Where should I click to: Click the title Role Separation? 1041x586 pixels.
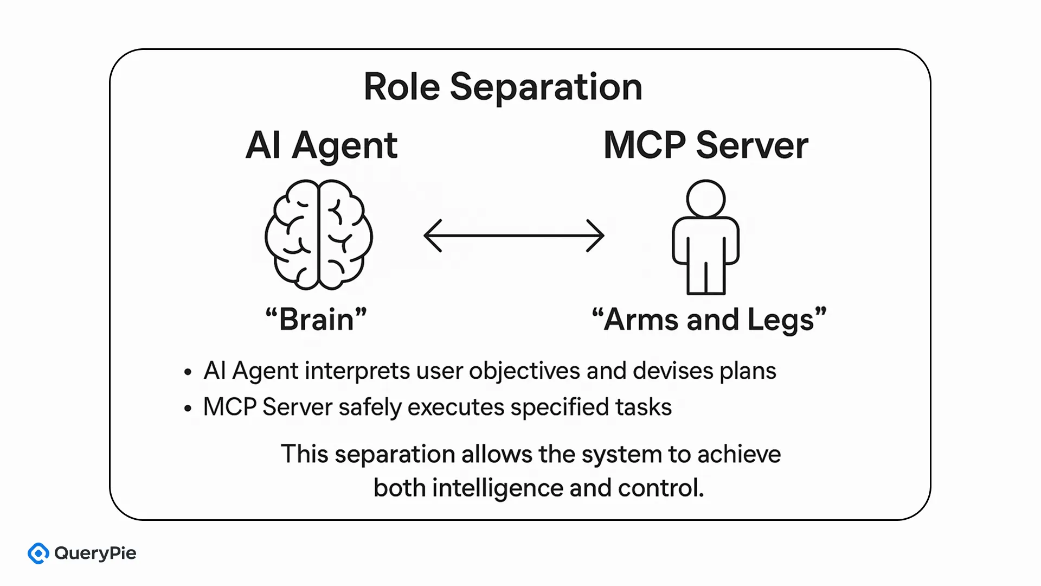point(503,87)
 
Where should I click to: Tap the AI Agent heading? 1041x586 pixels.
point(321,145)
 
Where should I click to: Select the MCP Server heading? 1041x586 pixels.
point(705,145)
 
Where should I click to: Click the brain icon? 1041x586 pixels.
point(319,235)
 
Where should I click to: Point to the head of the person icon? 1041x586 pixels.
point(705,199)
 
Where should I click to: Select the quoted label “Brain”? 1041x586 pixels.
point(316,319)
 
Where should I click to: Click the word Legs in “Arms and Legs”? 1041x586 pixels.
point(781,320)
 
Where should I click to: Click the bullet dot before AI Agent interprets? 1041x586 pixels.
point(188,372)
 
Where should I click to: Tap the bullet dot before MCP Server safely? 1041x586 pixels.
point(188,408)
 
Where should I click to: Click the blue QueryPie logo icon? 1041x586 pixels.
point(38,553)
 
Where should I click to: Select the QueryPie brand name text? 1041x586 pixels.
point(95,553)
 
